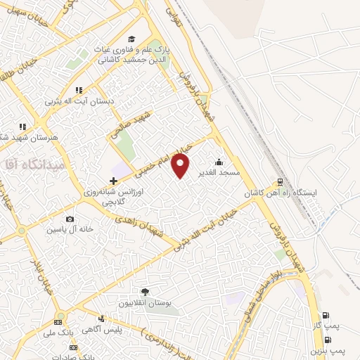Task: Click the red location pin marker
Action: pyautogui.click(x=181, y=166)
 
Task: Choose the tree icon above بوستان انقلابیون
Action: pyautogui.click(x=146, y=290)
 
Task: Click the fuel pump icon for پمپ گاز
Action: pyautogui.click(x=325, y=316)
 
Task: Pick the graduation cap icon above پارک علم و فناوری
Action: pyautogui.click(x=131, y=39)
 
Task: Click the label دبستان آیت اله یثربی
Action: pyautogui.click(x=89, y=101)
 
